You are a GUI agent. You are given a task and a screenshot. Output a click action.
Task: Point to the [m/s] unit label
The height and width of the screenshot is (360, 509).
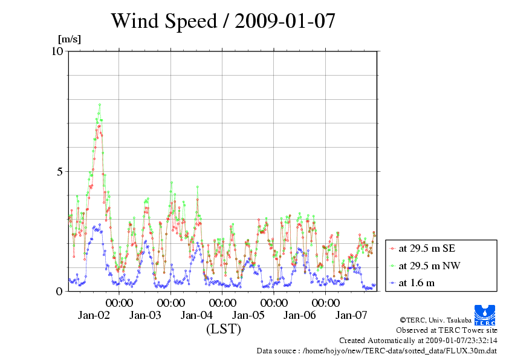click(x=69, y=39)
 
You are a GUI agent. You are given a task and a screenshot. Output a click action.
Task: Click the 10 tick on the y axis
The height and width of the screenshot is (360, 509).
click(x=57, y=51)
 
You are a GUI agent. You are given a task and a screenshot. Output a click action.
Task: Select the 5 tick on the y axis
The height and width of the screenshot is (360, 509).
click(x=60, y=171)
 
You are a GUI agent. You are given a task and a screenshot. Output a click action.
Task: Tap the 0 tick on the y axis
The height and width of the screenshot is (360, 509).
click(x=60, y=291)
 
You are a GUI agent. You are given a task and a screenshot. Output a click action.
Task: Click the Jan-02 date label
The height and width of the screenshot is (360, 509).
click(x=94, y=315)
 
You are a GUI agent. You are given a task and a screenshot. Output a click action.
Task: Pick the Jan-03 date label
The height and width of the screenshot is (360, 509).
click(x=145, y=315)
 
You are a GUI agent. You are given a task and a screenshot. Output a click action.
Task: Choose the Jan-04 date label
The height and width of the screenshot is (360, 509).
click(x=197, y=315)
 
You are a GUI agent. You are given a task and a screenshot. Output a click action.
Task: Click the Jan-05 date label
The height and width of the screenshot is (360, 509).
click(x=248, y=315)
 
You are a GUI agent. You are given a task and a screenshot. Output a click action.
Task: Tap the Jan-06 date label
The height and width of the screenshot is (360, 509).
click(x=300, y=315)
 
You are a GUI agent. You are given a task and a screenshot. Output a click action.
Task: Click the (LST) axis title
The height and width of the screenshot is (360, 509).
click(x=223, y=329)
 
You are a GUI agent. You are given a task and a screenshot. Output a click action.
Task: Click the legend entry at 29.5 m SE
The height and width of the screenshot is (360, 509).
click(x=423, y=248)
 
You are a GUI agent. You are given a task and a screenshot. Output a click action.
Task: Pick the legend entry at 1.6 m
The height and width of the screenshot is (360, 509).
click(x=417, y=283)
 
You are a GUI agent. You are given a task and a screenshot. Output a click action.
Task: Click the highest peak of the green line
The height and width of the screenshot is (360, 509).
click(x=100, y=105)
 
